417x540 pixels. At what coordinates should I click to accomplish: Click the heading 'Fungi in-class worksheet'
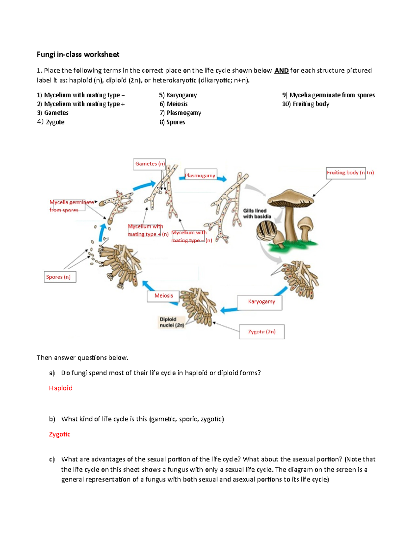tap(78, 55)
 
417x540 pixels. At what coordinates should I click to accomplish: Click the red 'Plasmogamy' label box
tap(200, 176)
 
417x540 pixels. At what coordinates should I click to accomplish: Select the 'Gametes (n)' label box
tap(149, 164)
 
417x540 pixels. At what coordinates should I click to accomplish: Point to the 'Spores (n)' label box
tap(59, 277)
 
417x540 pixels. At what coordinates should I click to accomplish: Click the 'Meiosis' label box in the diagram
tap(163, 296)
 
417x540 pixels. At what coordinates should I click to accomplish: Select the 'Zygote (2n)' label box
tap(262, 332)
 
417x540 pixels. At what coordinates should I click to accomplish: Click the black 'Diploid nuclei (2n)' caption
tap(171, 322)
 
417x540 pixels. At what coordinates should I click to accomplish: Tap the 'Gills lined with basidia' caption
tap(257, 213)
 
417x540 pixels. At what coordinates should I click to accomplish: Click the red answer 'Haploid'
tap(61, 388)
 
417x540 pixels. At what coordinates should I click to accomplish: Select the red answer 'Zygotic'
tap(59, 434)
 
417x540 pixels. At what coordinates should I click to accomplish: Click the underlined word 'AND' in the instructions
tap(281, 71)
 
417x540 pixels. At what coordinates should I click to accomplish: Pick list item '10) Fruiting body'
tap(305, 104)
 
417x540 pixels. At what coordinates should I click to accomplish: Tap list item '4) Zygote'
tap(51, 122)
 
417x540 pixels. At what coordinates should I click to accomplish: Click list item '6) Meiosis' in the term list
tap(173, 104)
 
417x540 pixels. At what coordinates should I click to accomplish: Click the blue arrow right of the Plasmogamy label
tap(222, 179)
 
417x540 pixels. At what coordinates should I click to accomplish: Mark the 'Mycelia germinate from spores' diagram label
tap(67, 206)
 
